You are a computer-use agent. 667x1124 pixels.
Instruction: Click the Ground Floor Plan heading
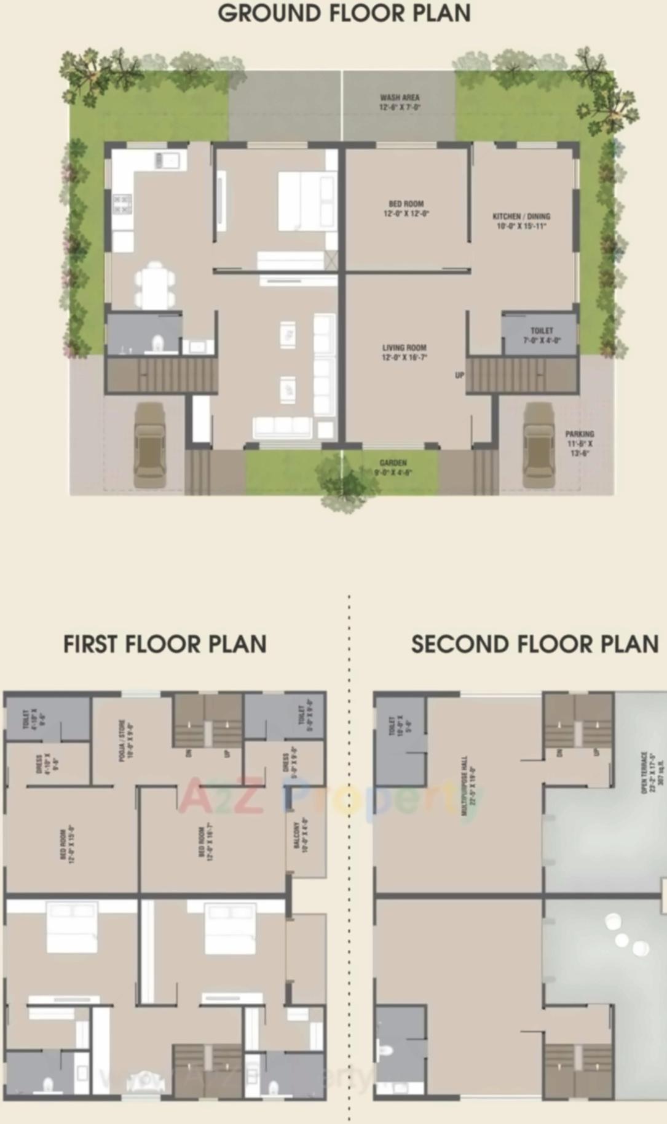pos(344,14)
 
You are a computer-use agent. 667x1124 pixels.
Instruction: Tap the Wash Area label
pos(400,102)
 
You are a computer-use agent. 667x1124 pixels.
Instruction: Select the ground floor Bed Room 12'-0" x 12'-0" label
pos(406,209)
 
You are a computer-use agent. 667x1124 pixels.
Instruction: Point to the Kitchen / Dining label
pos(521,221)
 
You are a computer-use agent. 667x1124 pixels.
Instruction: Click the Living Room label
pos(405,352)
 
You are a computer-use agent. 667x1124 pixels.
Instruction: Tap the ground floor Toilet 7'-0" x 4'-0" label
pos(542,335)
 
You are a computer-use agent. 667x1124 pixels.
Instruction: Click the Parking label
pos(580,443)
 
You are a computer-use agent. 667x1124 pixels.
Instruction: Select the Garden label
pos(393,468)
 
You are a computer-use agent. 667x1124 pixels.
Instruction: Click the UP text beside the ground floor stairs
pos(459,375)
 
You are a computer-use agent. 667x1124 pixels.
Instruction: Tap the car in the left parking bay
pos(149,445)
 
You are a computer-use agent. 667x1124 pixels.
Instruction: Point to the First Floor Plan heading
pos(165,644)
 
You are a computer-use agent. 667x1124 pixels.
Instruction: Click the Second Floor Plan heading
pos(535,644)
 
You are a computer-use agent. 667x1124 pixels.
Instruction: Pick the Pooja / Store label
pos(126,741)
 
